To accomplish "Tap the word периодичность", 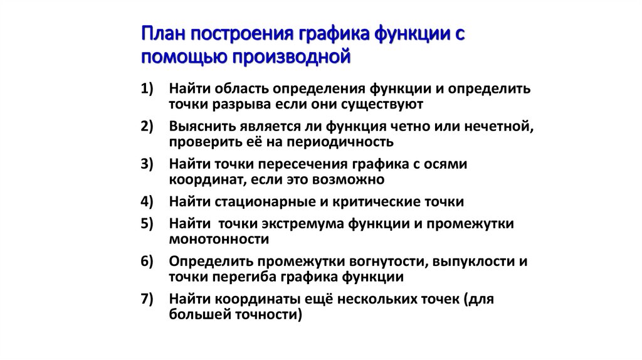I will (339, 141).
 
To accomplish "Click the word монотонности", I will (219, 239).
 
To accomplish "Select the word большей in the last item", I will (196, 315).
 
